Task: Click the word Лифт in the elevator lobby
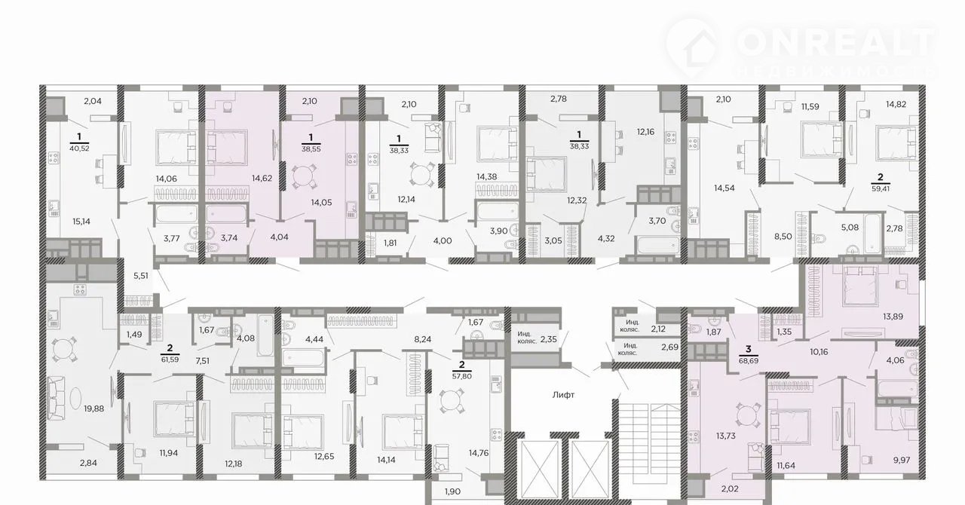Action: click(x=563, y=395)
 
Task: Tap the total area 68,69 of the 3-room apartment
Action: click(x=749, y=360)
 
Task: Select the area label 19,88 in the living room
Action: click(x=93, y=409)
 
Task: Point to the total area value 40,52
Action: click(x=79, y=148)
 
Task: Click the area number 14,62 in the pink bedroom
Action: click(x=262, y=178)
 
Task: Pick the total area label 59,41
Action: click(x=880, y=188)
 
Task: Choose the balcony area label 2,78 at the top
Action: click(x=559, y=99)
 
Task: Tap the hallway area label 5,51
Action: click(x=141, y=276)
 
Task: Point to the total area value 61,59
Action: click(x=170, y=359)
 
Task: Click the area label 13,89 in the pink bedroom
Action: click(x=893, y=317)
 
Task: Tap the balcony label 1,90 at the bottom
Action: click(x=452, y=492)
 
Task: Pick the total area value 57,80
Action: click(x=462, y=376)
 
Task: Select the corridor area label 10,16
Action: click(x=819, y=352)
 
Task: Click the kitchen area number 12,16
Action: click(x=645, y=132)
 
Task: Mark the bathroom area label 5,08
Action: click(x=850, y=228)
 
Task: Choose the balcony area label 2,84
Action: click(x=88, y=464)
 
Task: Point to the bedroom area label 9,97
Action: click(x=902, y=461)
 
